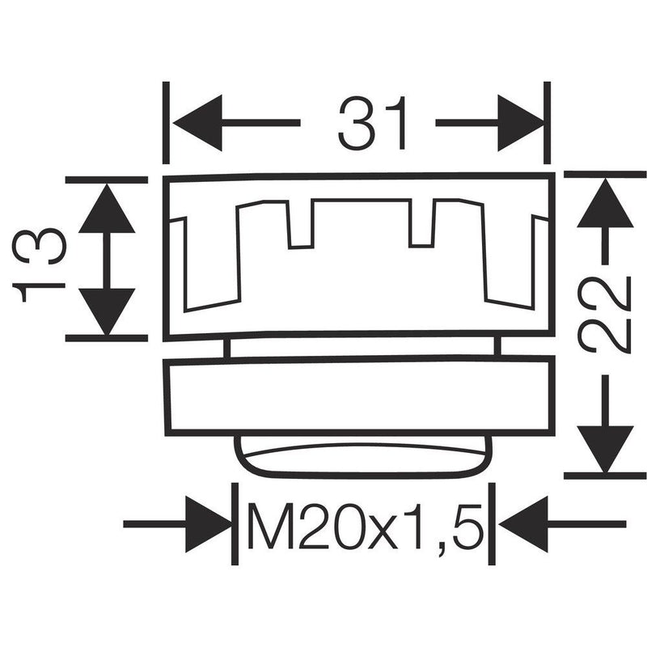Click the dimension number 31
pyautogui.click(x=372, y=123)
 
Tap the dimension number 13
pyautogui.click(x=39, y=265)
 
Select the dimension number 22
pyautogui.click(x=605, y=315)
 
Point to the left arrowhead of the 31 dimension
pyautogui.click(x=197, y=123)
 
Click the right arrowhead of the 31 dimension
pyautogui.click(x=521, y=123)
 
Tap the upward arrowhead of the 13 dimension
pyautogui.click(x=107, y=208)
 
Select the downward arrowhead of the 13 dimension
pyautogui.click(x=107, y=311)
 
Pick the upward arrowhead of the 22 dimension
pyautogui.click(x=605, y=203)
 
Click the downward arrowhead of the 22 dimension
pyautogui.click(x=605, y=449)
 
